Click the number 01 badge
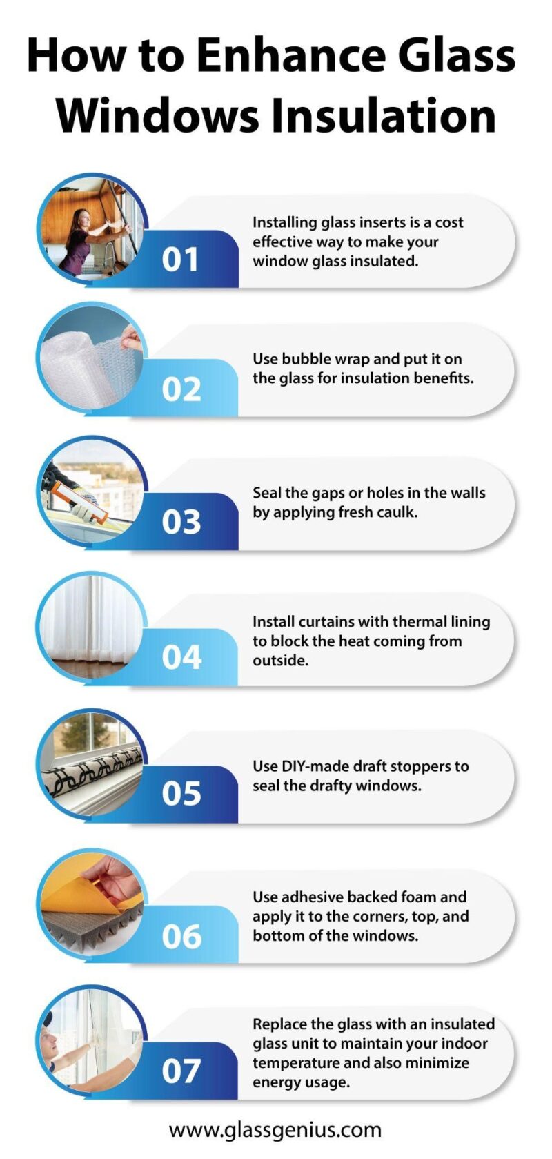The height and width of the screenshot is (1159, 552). coord(180,260)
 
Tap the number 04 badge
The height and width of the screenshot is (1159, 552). coord(181,656)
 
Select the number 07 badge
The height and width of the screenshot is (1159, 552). coord(181,1071)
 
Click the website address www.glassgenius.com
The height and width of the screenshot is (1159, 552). coord(275,1129)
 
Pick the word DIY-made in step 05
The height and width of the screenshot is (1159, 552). coord(315,766)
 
